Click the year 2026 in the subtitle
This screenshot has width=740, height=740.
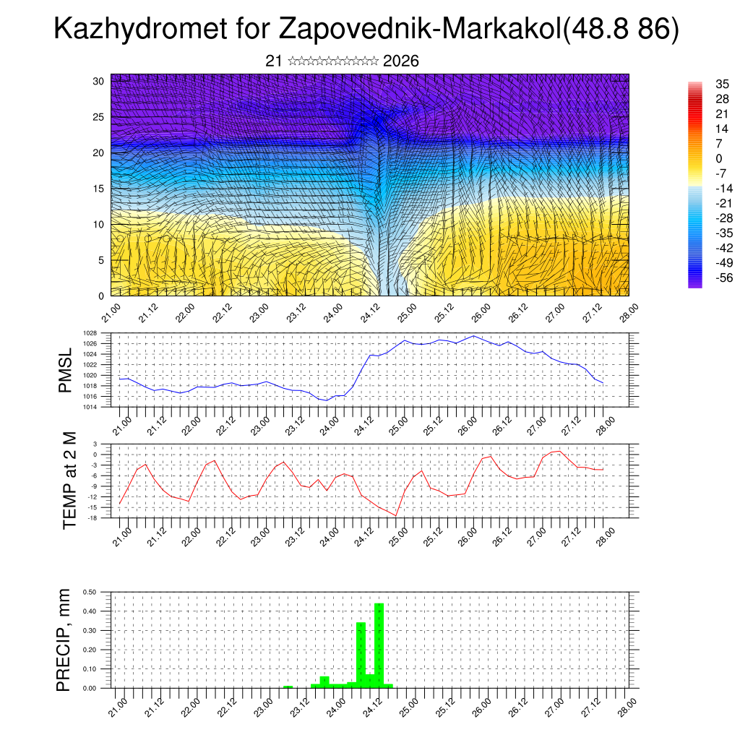(x=401, y=61)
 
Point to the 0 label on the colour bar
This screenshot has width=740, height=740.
(x=718, y=158)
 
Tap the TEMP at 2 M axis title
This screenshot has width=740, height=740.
(x=69, y=481)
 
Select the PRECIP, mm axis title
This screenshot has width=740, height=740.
(x=65, y=639)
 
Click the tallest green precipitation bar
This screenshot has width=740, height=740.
(x=379, y=645)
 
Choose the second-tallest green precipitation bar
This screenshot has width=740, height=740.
(x=361, y=654)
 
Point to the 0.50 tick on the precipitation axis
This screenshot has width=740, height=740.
(x=90, y=592)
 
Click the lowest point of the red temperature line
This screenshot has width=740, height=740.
(x=396, y=515)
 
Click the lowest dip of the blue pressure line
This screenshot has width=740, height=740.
(x=327, y=400)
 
